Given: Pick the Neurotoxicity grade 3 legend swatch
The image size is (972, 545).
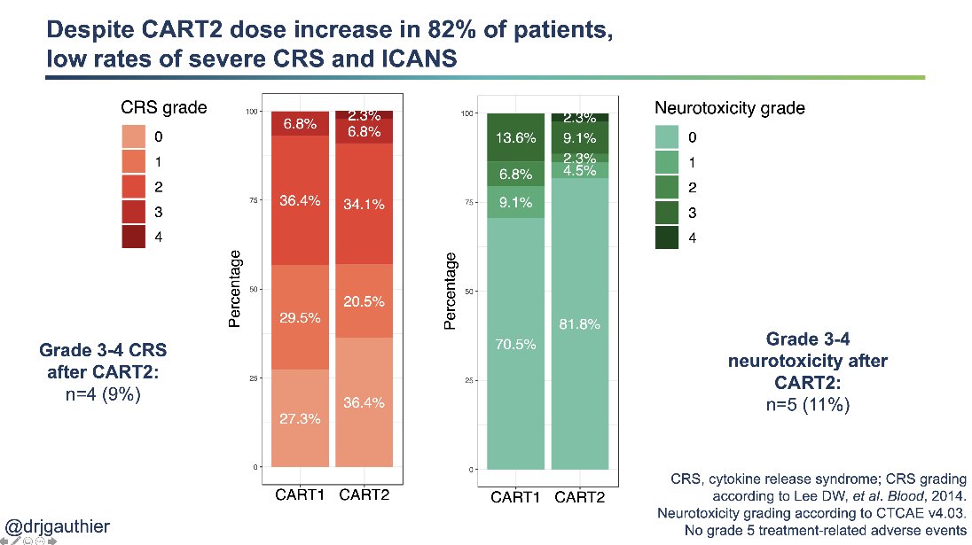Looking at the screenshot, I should coord(667,214).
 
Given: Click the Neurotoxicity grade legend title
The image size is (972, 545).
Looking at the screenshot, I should coord(729,108).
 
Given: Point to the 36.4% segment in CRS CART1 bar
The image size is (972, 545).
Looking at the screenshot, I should coord(300,199).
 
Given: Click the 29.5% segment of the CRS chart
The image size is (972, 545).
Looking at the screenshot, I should coord(300,317).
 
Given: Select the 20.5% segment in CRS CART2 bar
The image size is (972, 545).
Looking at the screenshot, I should coord(364,301).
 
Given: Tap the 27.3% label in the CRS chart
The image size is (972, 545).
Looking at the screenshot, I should coord(300,418).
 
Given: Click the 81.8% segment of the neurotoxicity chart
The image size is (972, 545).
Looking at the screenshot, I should coord(579,324).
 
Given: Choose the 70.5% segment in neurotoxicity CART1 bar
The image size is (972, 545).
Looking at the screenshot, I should coord(515,344).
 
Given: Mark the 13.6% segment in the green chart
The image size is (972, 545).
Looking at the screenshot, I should coord(515,137).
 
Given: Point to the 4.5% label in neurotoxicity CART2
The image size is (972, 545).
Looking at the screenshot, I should coord(579,171).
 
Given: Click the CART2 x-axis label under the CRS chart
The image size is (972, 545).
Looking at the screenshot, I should coord(364,494).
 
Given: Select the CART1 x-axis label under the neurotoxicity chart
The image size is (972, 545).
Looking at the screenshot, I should coord(515,497).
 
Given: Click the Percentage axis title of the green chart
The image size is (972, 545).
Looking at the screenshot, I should coord(451,291).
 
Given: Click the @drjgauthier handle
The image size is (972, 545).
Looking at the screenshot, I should coord(58,526).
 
